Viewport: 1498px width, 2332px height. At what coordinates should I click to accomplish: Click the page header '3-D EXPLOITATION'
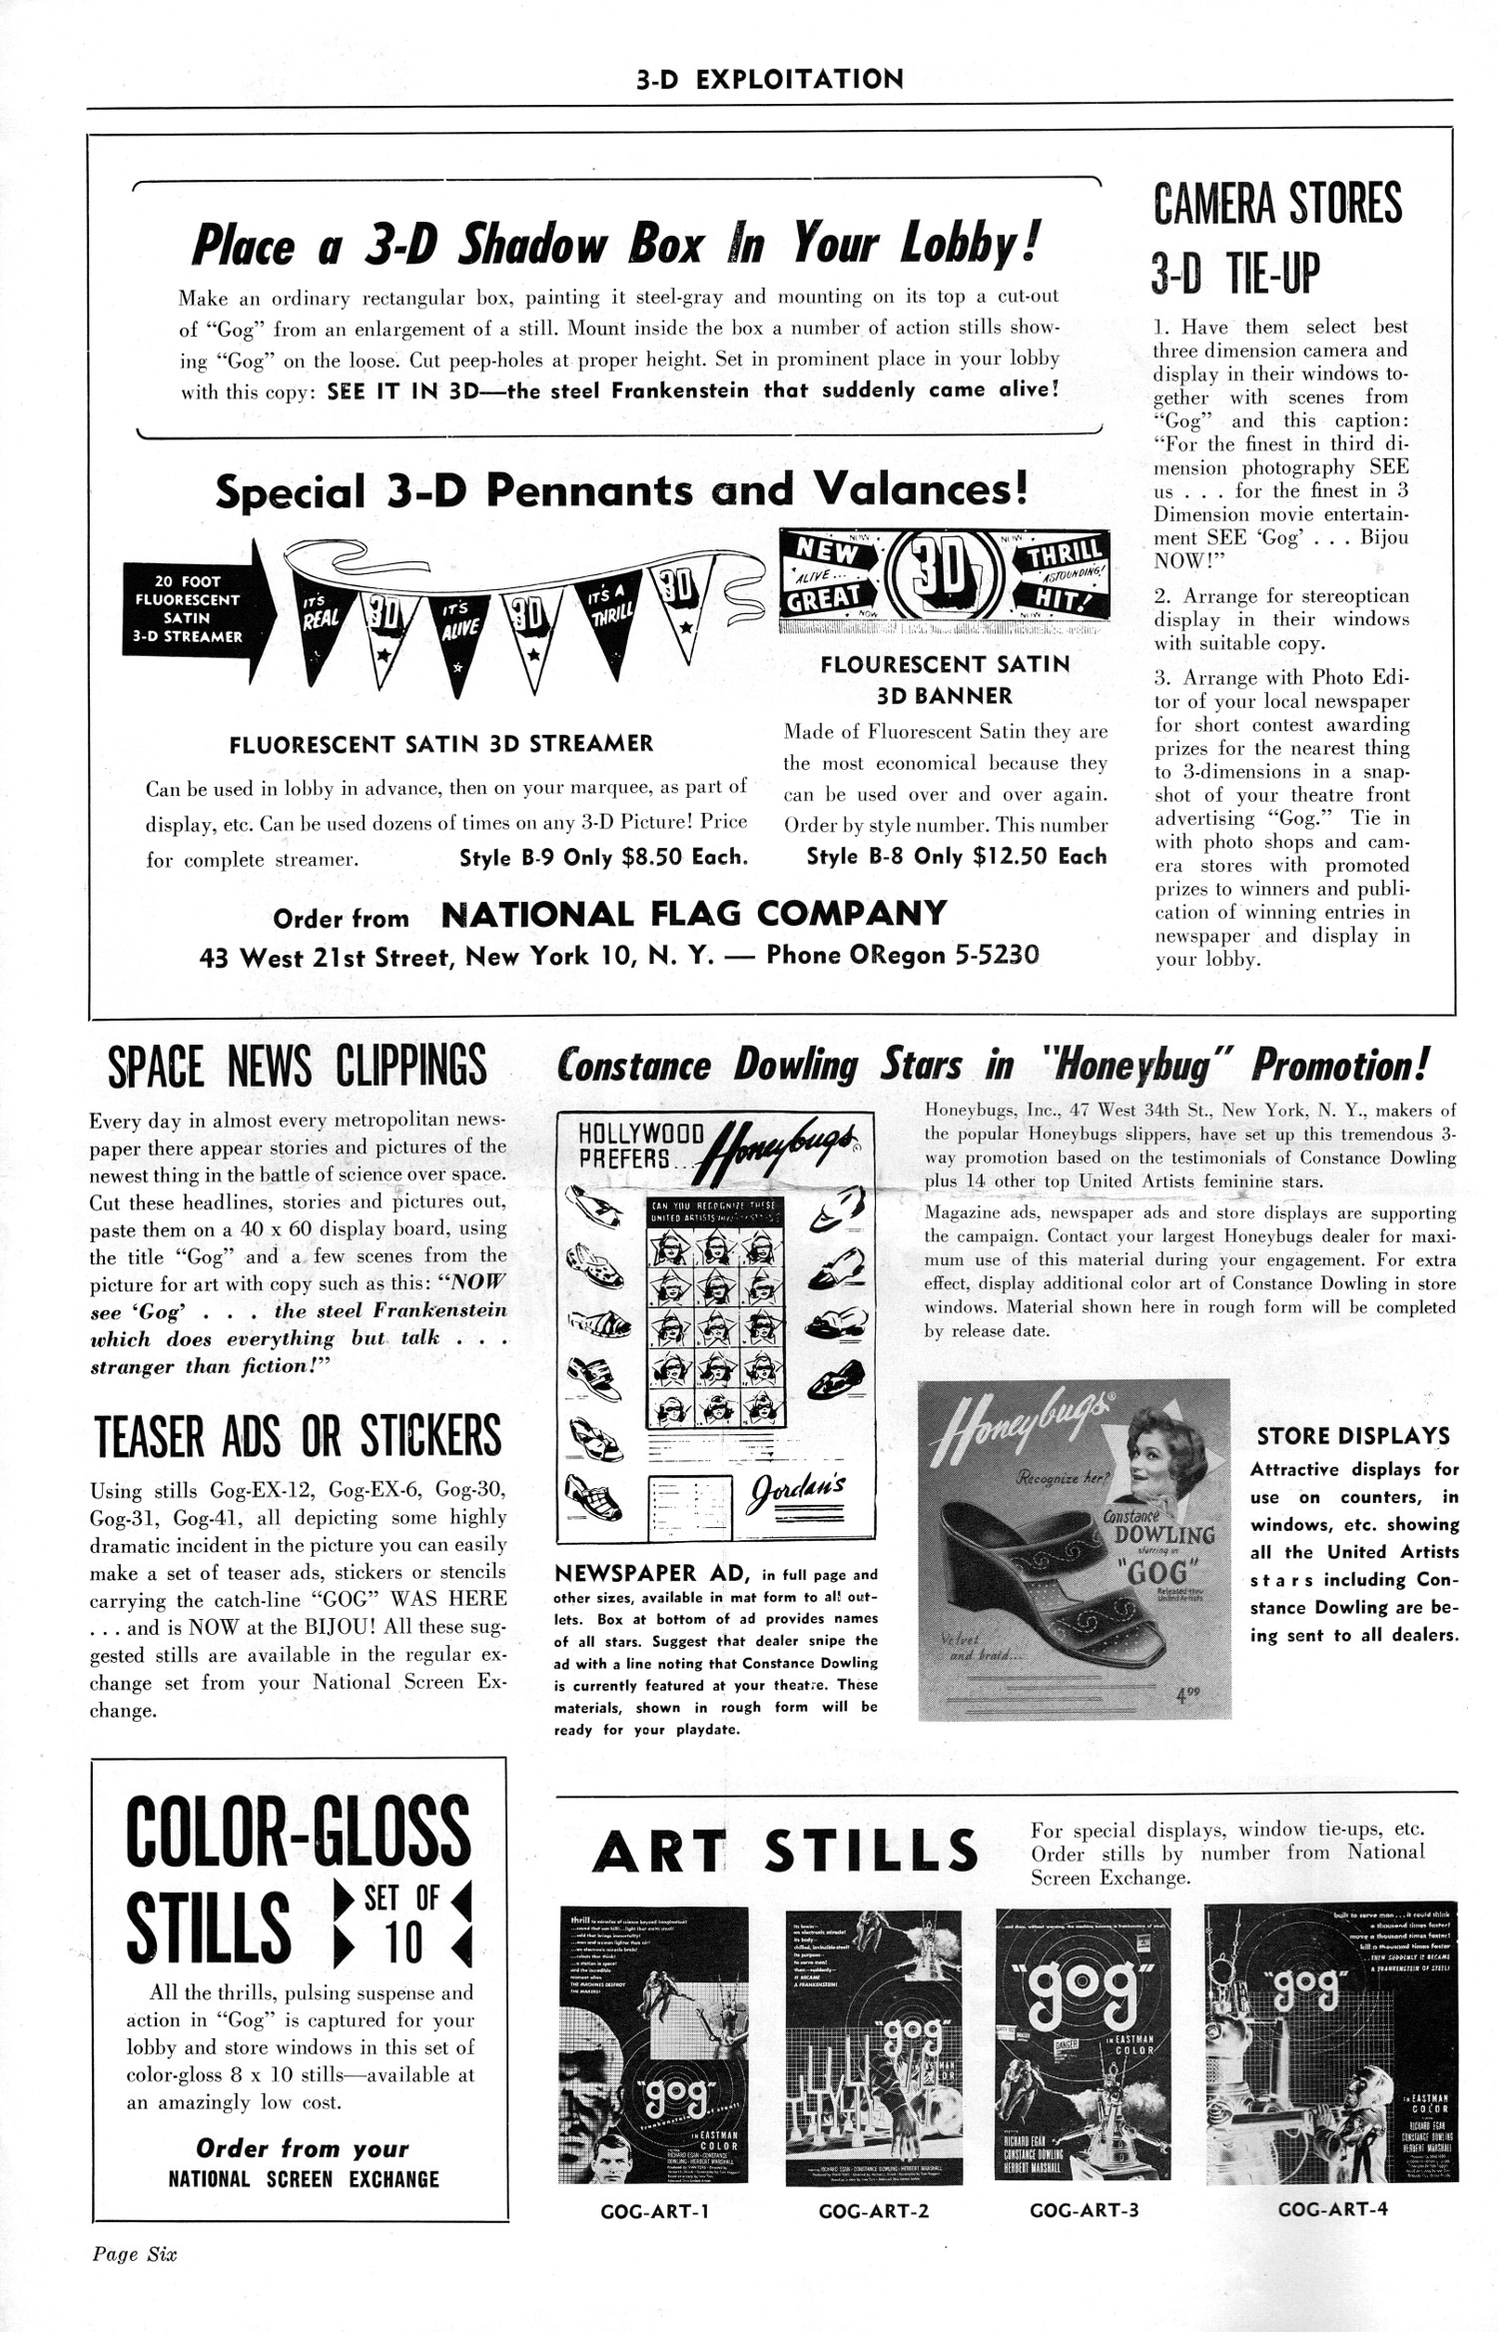click(x=769, y=80)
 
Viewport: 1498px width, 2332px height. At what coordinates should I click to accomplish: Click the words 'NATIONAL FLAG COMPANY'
click(x=693, y=913)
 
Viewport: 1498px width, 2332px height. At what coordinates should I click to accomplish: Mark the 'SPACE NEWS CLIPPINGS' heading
click(x=297, y=1067)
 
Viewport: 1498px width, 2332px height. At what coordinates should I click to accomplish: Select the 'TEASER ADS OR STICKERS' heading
click(x=298, y=1436)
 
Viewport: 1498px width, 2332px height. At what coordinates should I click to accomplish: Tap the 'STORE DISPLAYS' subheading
click(x=1353, y=1436)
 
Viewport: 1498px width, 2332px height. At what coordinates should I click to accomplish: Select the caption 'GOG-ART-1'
click(x=654, y=2211)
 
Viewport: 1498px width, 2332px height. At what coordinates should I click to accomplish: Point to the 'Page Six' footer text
click(x=134, y=2281)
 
